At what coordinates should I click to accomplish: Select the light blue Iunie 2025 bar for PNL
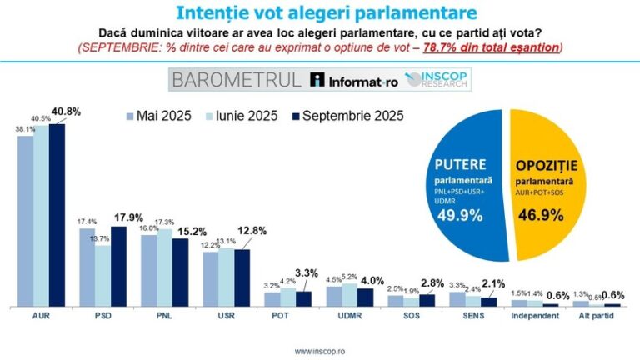(164, 267)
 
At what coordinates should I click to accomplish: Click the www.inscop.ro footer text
(320, 351)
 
